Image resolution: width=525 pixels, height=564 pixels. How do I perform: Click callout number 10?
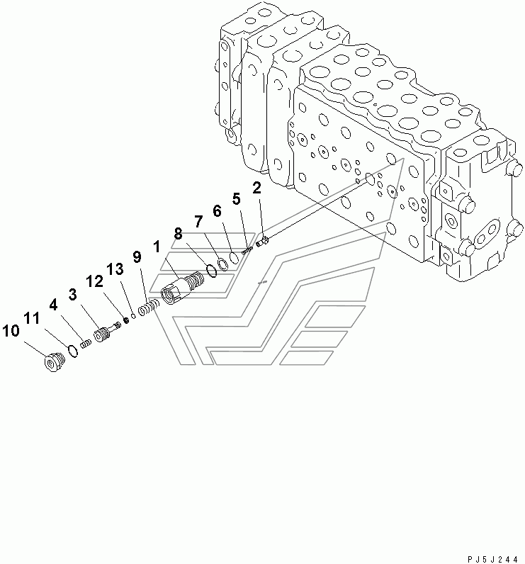click(x=11, y=331)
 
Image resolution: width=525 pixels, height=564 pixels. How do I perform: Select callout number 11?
click(x=32, y=318)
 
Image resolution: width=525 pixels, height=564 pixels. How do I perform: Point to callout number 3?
click(x=73, y=295)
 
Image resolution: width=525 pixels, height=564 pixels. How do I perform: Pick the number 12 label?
click(x=94, y=281)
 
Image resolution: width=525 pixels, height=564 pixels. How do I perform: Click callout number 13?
click(x=115, y=269)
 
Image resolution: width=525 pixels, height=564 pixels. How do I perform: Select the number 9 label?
click(x=137, y=256)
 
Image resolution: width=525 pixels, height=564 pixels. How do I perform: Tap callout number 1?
click(x=156, y=247)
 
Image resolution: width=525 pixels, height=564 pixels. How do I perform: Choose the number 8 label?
click(x=178, y=234)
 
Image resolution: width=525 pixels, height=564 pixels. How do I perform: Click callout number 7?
click(x=198, y=222)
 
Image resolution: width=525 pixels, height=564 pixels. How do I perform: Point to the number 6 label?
click(x=217, y=211)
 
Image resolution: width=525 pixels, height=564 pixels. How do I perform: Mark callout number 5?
click(x=236, y=198)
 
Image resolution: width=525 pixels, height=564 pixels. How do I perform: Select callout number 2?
click(x=256, y=188)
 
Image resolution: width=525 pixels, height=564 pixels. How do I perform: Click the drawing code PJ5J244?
click(x=492, y=559)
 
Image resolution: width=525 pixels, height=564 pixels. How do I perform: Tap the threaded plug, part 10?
click(x=54, y=362)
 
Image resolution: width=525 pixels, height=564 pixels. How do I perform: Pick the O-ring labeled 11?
click(x=73, y=351)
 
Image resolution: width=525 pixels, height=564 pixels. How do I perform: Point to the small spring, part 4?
click(x=86, y=344)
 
